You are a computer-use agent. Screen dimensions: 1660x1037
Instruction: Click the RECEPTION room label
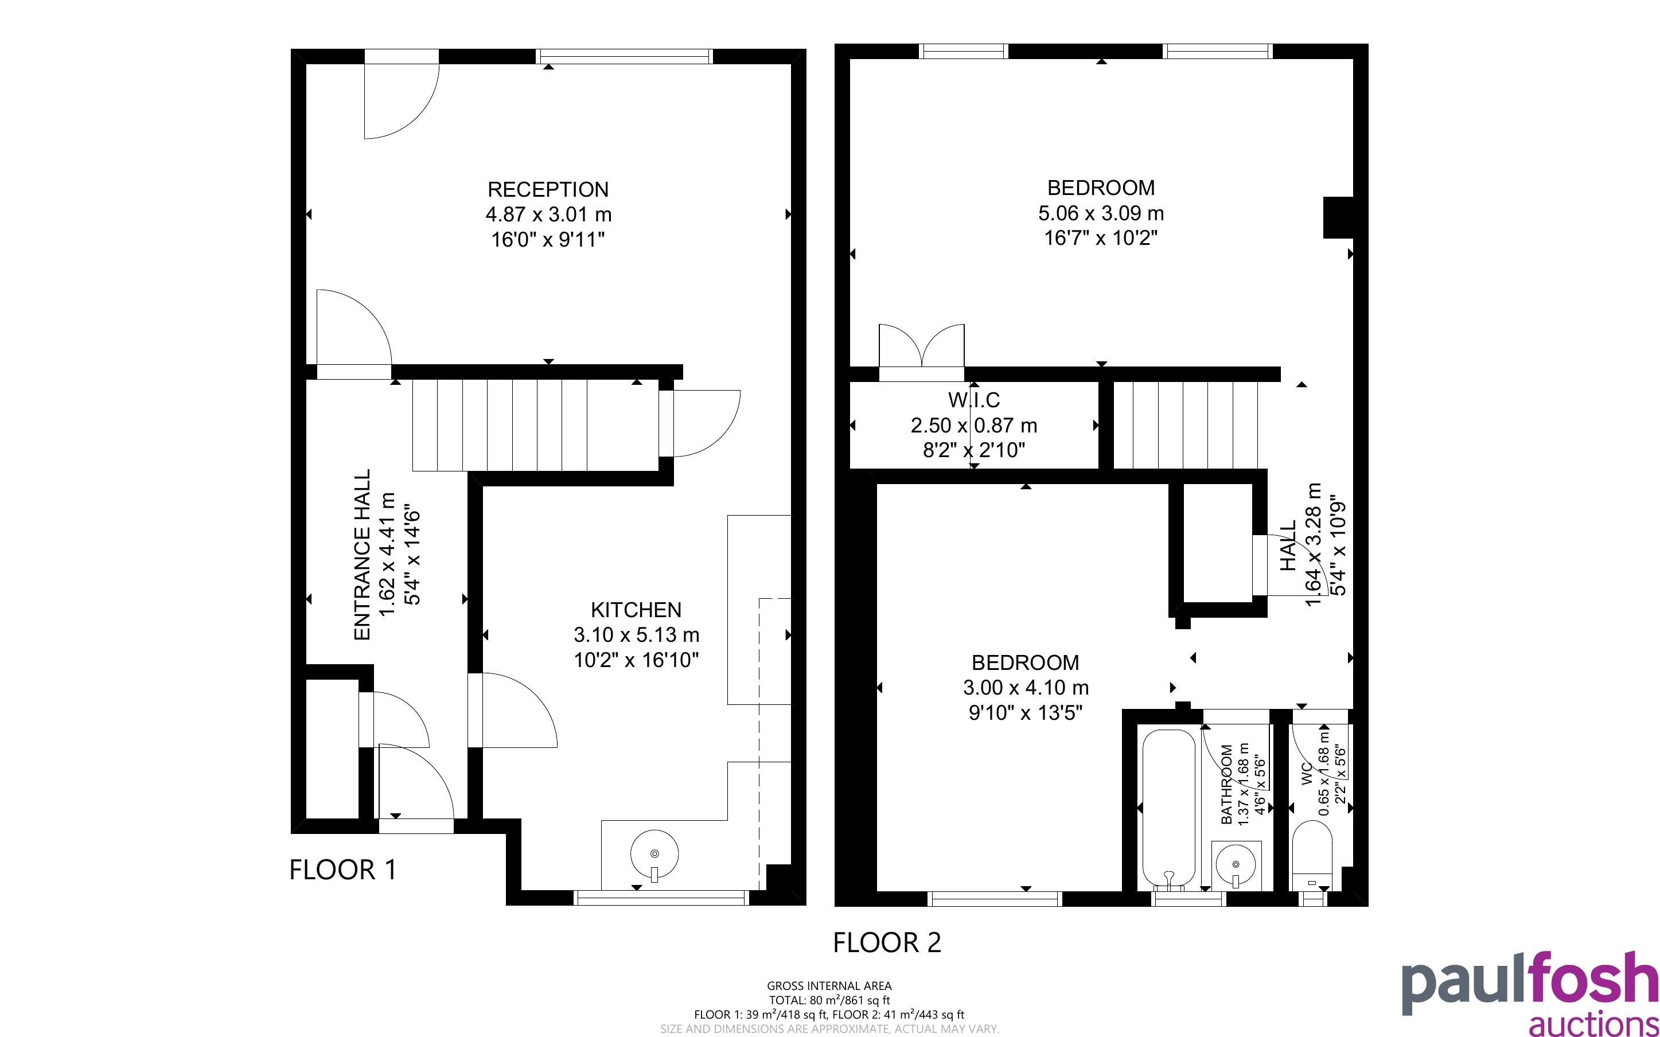tap(548, 189)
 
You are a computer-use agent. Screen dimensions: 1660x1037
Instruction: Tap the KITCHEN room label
tap(636, 610)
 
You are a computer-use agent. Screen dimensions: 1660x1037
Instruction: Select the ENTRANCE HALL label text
tap(362, 555)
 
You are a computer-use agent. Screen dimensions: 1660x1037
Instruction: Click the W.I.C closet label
tap(973, 400)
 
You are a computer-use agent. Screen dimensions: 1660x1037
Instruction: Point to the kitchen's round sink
tap(654, 855)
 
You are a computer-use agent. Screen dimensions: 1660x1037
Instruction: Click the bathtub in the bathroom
tap(1168, 809)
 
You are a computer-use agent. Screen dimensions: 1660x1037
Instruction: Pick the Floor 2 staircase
tap(1186, 425)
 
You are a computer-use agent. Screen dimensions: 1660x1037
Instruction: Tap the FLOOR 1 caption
tap(343, 870)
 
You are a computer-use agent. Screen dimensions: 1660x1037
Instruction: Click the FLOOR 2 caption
tap(887, 942)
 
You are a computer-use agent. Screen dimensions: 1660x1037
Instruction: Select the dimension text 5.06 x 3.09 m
tap(1101, 213)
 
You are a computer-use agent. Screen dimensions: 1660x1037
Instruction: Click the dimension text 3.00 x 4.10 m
tap(1026, 687)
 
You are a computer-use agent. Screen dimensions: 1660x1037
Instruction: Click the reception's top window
tap(624, 56)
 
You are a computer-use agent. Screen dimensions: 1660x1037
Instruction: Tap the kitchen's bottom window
tap(662, 898)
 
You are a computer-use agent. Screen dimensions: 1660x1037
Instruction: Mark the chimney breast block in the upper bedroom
tap(1338, 217)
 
